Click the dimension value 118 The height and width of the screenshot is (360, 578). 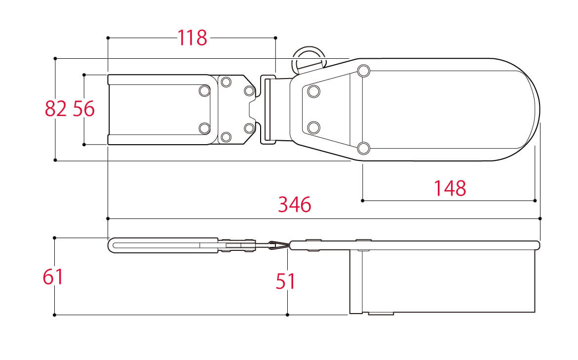click(x=193, y=38)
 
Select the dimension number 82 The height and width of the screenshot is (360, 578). click(x=56, y=109)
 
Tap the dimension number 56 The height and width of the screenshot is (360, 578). click(x=84, y=109)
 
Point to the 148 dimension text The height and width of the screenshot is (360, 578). click(x=450, y=188)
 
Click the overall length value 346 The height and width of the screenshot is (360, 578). click(x=295, y=204)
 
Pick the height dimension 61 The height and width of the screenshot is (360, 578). click(x=53, y=277)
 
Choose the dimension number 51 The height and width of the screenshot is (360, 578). click(x=286, y=281)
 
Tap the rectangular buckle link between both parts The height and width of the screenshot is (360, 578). click(x=269, y=110)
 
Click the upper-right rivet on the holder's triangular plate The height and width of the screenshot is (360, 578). click(x=364, y=71)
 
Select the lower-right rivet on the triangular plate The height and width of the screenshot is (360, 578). click(x=363, y=148)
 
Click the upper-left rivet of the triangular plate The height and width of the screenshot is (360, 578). click(x=314, y=91)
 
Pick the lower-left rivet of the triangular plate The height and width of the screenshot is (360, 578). click(x=314, y=127)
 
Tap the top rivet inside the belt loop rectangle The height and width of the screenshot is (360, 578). click(x=204, y=91)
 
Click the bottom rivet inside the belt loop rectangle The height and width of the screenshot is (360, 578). click(x=204, y=128)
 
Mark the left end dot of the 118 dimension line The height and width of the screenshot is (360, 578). click(x=108, y=38)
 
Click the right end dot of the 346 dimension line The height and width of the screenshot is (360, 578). click(x=540, y=219)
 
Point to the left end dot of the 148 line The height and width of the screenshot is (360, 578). click(x=363, y=200)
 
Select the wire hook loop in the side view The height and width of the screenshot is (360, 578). click(x=277, y=245)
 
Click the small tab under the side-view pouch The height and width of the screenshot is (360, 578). click(x=381, y=314)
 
